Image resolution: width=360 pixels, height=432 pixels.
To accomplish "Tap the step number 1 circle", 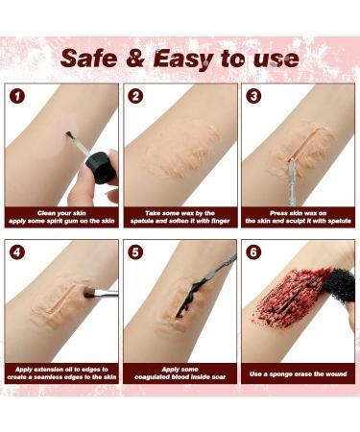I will tap(18, 96).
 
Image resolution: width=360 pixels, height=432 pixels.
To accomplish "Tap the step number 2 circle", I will tap(136, 96).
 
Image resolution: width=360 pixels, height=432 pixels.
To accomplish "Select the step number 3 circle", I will tap(253, 96).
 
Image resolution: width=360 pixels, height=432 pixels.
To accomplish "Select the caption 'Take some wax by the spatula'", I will tap(180, 216).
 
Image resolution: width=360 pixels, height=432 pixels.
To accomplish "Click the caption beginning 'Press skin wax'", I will tap(298, 216).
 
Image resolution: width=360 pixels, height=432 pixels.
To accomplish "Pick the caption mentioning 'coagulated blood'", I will tap(180, 372).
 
